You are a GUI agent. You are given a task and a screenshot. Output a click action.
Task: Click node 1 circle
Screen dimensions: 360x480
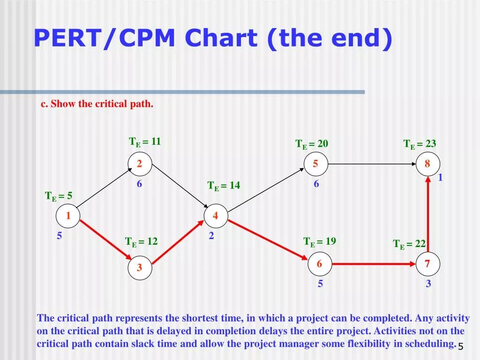[x=68, y=216]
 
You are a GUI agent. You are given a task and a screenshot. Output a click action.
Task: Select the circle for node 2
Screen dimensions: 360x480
[x=140, y=164]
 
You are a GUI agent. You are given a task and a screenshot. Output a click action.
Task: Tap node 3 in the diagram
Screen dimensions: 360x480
[x=140, y=268]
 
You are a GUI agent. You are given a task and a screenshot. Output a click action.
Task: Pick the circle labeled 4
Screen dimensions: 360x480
[x=216, y=216]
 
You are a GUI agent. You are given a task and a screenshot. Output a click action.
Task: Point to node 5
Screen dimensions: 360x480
[x=316, y=164]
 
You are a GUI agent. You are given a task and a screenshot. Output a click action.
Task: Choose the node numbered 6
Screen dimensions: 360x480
[x=320, y=264]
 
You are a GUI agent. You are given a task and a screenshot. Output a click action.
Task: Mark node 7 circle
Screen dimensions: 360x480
[x=427, y=264]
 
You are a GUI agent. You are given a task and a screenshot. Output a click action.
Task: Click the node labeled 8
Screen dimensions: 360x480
[x=427, y=164]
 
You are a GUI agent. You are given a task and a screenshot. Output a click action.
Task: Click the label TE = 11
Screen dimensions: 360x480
[x=145, y=142]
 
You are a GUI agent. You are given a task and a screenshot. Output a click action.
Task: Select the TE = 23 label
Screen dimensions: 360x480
[x=420, y=144]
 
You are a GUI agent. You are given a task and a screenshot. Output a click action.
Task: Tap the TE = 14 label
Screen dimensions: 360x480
[x=224, y=186]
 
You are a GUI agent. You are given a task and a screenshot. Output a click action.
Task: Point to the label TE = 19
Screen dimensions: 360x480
[x=320, y=242]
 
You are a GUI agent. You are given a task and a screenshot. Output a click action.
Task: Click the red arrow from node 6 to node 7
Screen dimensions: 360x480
[x=374, y=264]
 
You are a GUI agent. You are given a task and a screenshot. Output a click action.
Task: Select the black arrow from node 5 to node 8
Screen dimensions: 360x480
[x=372, y=164]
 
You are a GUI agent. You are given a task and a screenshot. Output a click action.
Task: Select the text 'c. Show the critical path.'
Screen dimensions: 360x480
[x=97, y=104]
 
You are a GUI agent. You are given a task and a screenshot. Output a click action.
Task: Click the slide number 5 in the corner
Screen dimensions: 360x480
[x=460, y=346]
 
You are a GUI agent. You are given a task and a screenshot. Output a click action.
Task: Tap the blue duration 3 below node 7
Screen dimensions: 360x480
[x=428, y=284]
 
